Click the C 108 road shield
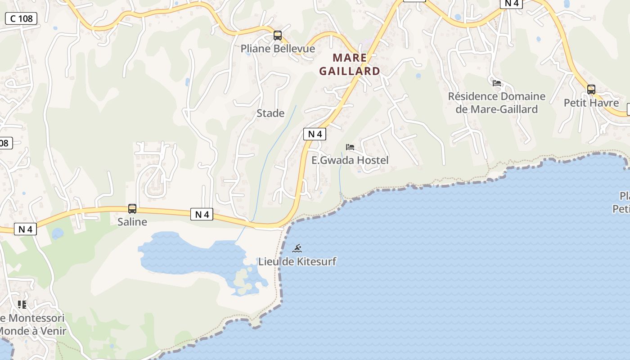21,18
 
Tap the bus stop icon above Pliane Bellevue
278,36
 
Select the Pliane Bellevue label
278,49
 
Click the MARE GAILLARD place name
350,64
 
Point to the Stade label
270,113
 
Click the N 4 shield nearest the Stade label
315,134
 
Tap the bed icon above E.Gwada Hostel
350,147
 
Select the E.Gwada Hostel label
350,160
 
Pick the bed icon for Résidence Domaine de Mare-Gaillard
497,83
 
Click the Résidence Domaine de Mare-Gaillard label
497,103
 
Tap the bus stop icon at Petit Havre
591,90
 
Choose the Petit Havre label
591,103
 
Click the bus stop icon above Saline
132,209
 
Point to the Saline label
132,222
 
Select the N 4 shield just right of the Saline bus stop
202,214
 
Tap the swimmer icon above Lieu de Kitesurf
297,248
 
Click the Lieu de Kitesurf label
297,261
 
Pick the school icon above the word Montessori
22,305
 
